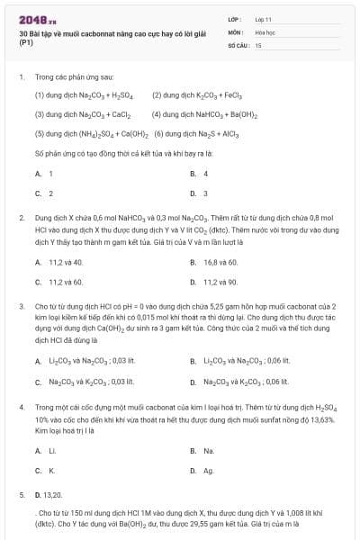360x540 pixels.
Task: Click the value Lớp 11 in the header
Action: click(262, 18)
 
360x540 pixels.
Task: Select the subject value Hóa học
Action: click(264, 31)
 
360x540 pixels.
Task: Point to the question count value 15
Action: click(258, 44)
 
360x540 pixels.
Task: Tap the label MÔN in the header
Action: click(235, 31)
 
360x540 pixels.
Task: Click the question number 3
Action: click(21, 306)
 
